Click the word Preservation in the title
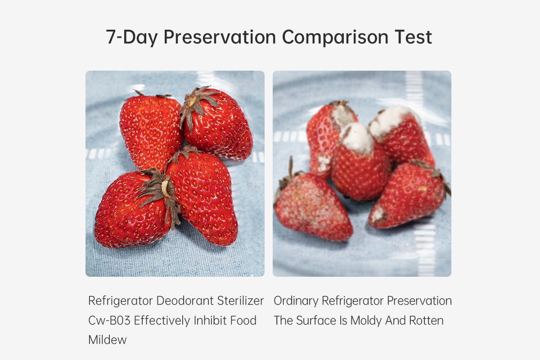coord(220,37)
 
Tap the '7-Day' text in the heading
coord(132,38)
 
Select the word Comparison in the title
coord(335,38)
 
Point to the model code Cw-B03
coord(109,320)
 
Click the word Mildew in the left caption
coord(108,340)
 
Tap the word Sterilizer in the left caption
coord(240,301)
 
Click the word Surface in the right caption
coord(316,320)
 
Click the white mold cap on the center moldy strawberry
coord(357,137)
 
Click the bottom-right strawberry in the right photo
coord(407,195)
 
